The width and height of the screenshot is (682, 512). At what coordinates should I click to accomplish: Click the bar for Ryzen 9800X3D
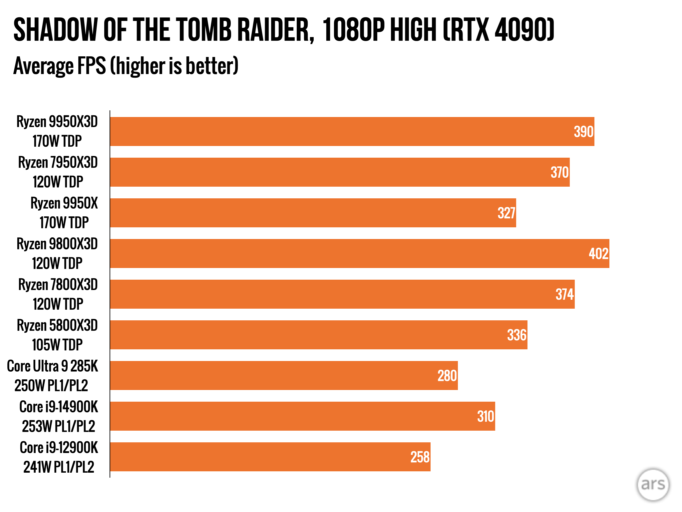coord(360,253)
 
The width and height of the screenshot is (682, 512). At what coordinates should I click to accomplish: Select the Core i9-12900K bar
coord(270,457)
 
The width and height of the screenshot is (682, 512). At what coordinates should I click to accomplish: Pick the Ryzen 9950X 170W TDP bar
coord(313,213)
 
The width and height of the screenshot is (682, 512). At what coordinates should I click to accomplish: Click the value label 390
coord(583,132)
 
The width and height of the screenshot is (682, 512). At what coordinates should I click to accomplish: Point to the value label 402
coord(598,254)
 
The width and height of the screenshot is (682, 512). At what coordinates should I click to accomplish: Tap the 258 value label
coord(420,457)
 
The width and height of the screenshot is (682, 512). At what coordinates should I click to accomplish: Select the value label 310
coord(486,416)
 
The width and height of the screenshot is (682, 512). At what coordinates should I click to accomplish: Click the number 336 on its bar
coord(516,335)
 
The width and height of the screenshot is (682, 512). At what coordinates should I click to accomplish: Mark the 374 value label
coord(564,294)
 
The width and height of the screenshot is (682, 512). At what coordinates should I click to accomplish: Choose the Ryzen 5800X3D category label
coord(57,335)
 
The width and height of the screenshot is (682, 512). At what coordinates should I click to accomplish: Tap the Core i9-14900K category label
coord(59,416)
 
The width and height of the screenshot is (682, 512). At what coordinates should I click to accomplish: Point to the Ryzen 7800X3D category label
coord(58,294)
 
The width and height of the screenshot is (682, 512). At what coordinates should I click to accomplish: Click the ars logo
coord(653,484)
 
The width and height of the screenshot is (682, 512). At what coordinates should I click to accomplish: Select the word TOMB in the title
coord(203,30)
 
